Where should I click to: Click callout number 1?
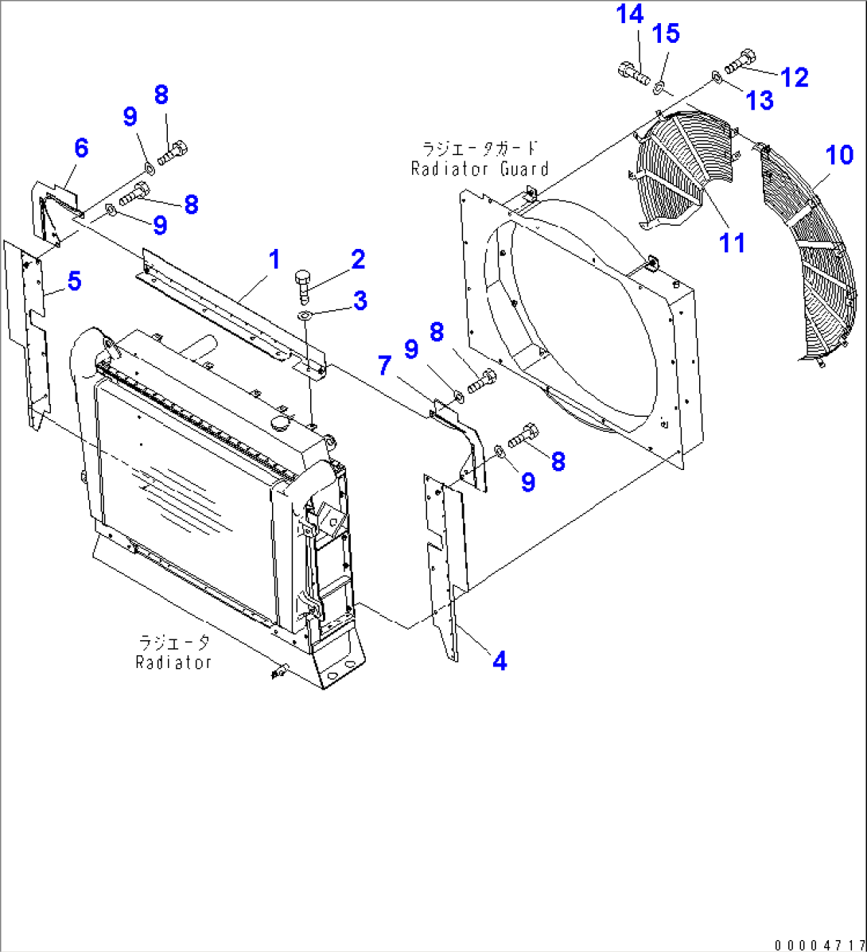point(273,258)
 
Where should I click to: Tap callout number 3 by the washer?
point(360,301)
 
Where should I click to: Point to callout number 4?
point(499,660)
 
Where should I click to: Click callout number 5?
point(74,281)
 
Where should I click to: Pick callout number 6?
point(80,148)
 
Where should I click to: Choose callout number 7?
point(384,366)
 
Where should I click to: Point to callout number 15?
point(666,33)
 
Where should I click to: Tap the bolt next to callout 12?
point(740,60)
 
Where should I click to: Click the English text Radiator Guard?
point(480,169)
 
